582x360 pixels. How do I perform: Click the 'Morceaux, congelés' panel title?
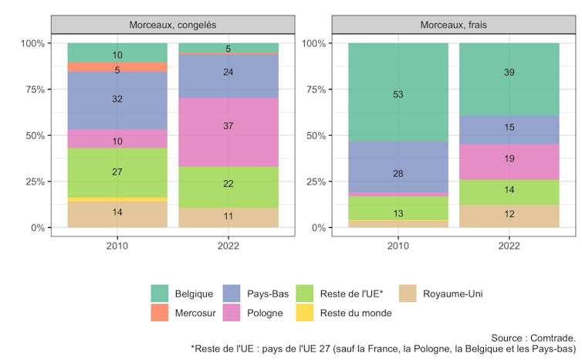click(172, 25)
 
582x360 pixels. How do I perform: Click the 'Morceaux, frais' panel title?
click(453, 25)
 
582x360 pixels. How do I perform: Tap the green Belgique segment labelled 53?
click(398, 94)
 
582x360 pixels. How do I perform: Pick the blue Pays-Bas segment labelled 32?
click(117, 100)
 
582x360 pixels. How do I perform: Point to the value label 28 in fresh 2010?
click(398, 173)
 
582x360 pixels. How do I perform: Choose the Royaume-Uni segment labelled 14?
click(117, 212)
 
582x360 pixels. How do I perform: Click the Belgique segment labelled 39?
click(509, 73)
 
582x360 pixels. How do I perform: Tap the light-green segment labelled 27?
click(117, 172)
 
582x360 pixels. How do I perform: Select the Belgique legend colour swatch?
click(161, 294)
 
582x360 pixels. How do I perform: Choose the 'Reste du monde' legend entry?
click(356, 313)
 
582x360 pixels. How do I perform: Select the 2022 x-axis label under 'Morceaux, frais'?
click(509, 246)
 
